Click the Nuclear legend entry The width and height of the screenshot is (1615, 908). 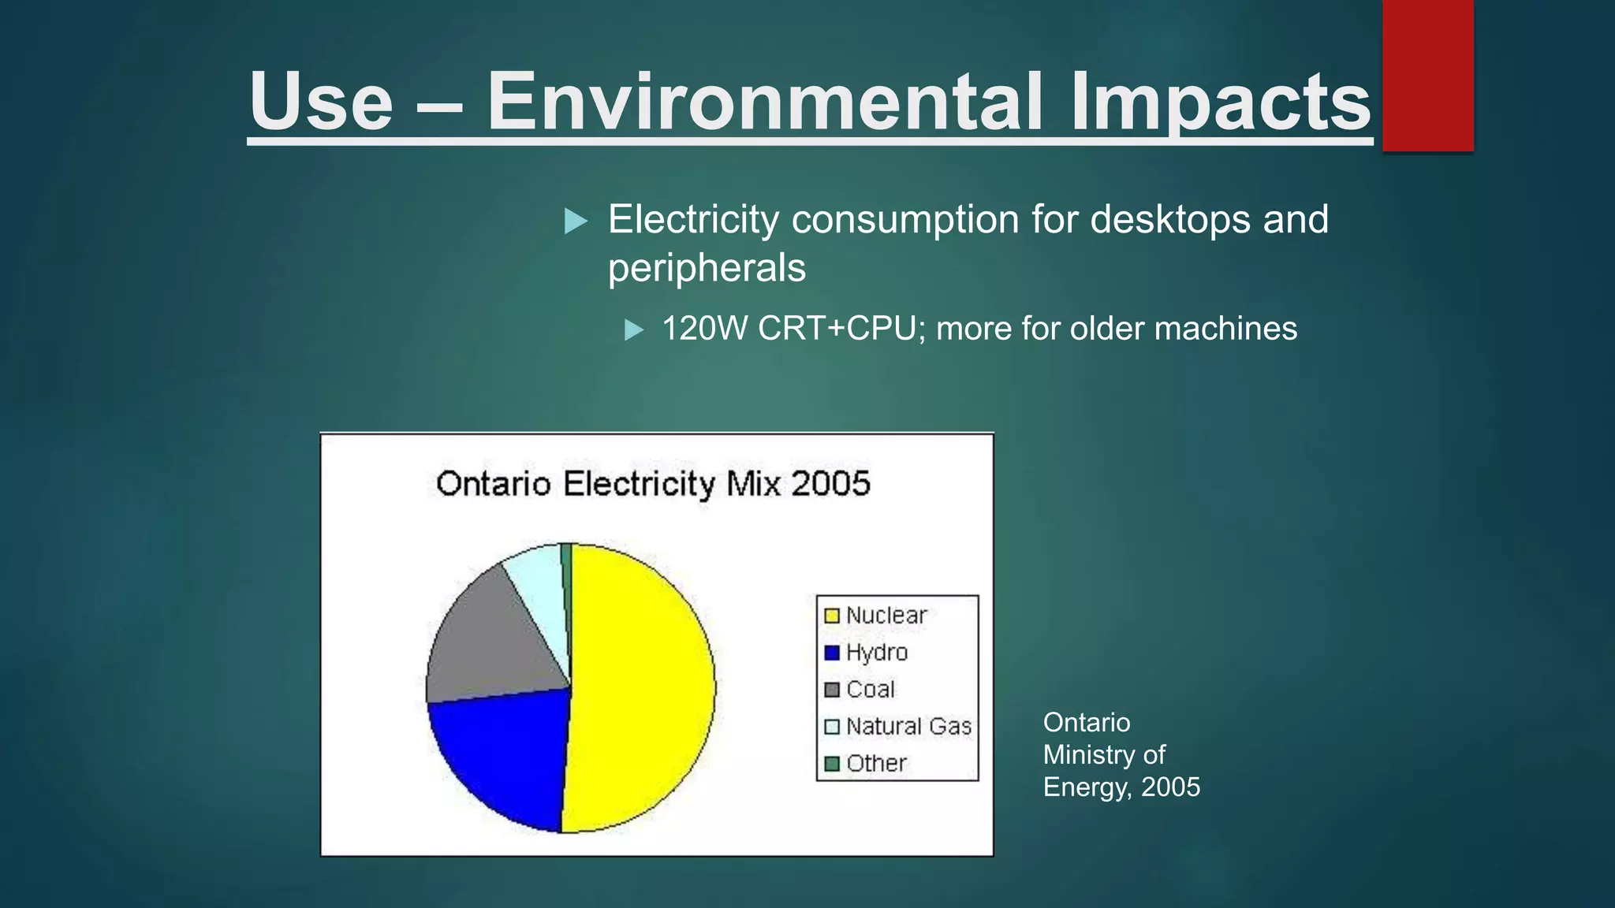[875, 616]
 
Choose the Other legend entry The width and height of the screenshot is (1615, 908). [865, 763]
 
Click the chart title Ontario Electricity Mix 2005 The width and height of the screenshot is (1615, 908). [653, 483]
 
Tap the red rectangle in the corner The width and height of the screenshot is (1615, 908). [1427, 75]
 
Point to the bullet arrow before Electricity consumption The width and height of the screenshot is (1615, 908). [576, 221]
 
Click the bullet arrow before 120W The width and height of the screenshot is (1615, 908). [634, 329]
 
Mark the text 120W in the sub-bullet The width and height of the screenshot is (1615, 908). [704, 329]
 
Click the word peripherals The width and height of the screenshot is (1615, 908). [707, 268]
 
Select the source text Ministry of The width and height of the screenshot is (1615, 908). [1103, 754]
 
